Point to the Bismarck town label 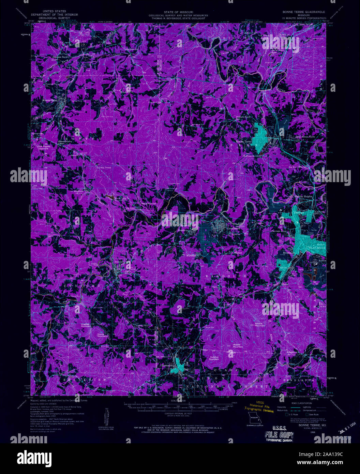pyautogui.click(x=167, y=365)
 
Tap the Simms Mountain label pyautogui.click(x=260, y=324)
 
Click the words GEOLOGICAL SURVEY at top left pyautogui.click(x=54, y=18)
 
